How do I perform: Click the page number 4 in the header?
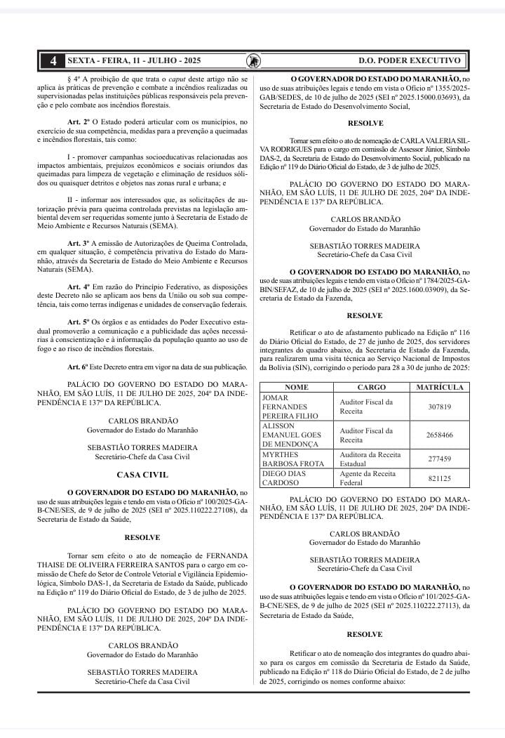[53, 61]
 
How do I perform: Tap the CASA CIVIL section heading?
[142, 475]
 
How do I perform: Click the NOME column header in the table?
[297, 388]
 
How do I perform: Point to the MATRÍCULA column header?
[439, 388]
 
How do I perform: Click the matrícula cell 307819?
[439, 407]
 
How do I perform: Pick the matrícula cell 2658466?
[439, 435]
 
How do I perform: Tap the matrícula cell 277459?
[439, 459]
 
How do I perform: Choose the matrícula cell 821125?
[439, 478]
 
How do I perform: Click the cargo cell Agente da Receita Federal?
[365, 478]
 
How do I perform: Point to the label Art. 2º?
[79, 122]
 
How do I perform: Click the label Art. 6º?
[79, 367]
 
